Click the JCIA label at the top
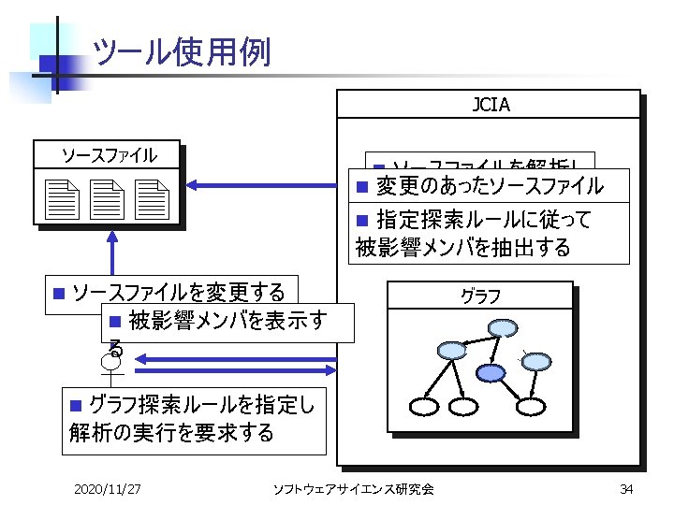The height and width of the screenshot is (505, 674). click(x=491, y=105)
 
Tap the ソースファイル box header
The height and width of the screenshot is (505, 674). click(x=109, y=155)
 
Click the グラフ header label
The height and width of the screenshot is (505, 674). click(x=480, y=296)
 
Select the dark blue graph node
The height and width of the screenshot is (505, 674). click(x=491, y=372)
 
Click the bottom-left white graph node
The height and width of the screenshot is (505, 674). click(x=425, y=407)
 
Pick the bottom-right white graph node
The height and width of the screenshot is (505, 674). click(x=530, y=407)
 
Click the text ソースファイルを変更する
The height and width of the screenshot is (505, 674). click(x=178, y=291)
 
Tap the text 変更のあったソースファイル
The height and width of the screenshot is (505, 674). click(x=490, y=185)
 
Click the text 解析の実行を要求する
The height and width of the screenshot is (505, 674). click(x=171, y=432)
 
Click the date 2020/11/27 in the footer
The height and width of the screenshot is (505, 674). click(x=108, y=488)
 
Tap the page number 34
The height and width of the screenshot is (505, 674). click(x=626, y=488)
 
